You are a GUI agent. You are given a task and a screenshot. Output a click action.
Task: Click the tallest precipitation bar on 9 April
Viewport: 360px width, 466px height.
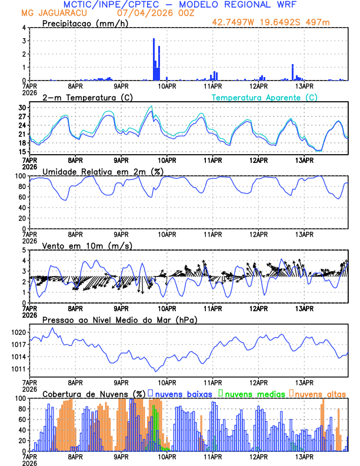pyautogui.click(x=154, y=59)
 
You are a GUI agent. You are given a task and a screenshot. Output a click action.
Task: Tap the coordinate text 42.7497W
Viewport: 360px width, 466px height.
pyautogui.click(x=236, y=22)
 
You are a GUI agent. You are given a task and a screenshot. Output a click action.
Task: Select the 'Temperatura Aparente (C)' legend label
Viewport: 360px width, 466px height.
pyautogui.click(x=265, y=97)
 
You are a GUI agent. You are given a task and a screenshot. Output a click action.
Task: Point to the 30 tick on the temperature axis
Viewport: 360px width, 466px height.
pyautogui.click(x=22, y=108)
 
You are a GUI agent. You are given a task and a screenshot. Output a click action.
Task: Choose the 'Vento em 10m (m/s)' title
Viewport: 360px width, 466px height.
pyautogui.click(x=87, y=245)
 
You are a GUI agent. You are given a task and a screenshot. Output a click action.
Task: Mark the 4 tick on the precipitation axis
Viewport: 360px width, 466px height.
pyautogui.click(x=24, y=28)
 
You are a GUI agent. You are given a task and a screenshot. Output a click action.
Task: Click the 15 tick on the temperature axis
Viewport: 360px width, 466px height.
pyautogui.click(x=22, y=152)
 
